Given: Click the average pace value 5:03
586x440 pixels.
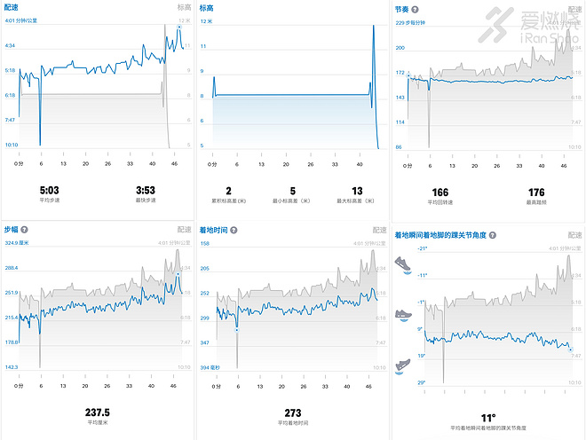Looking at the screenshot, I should (51, 189).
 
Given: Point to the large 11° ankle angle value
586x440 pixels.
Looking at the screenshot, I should (487, 417).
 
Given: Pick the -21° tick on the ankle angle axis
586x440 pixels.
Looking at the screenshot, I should (422, 247).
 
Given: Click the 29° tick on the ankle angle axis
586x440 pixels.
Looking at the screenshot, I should (423, 383).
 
